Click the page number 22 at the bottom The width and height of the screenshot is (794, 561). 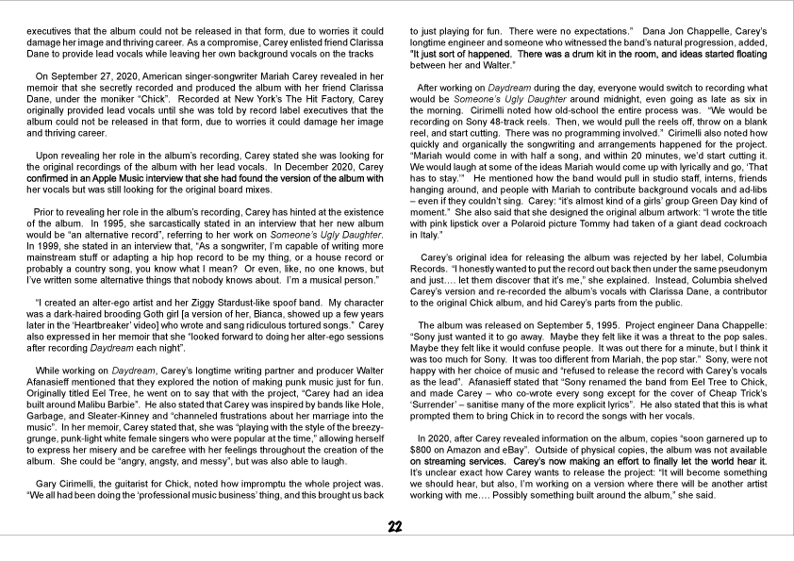(x=397, y=527)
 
